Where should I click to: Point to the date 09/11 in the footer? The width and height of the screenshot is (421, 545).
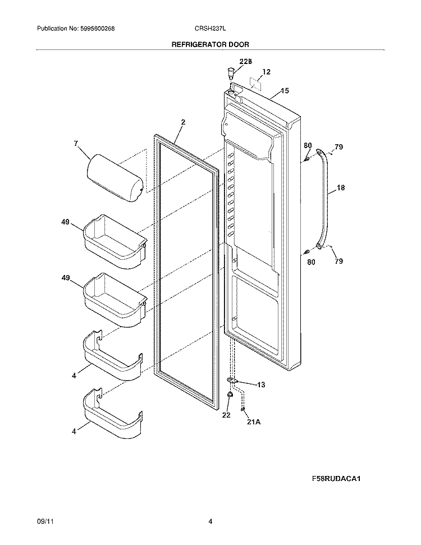pyautogui.click(x=44, y=521)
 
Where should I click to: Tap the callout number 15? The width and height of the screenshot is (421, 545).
pyautogui.click(x=285, y=90)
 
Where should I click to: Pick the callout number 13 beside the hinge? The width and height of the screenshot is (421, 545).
pyautogui.click(x=261, y=384)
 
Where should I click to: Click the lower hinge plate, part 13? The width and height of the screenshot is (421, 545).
pyautogui.click(x=233, y=381)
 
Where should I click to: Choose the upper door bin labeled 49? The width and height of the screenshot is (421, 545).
pyautogui.click(x=114, y=241)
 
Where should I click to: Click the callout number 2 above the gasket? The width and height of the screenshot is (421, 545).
pyautogui.click(x=183, y=122)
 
